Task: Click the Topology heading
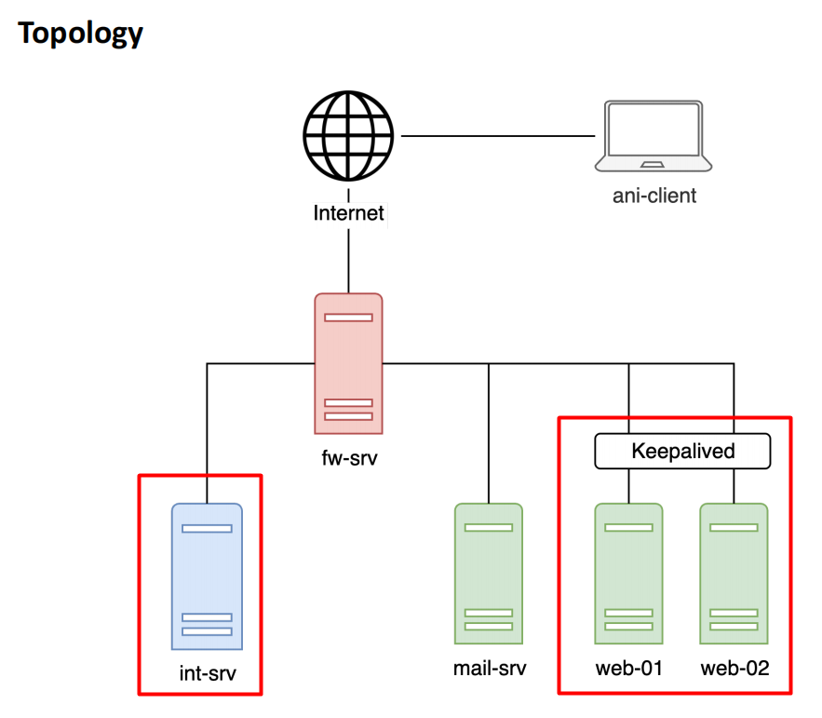pos(81,34)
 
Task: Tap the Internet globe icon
pos(348,137)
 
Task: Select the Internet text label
pos(348,213)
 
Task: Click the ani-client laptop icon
pos(654,137)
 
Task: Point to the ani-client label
pos(654,196)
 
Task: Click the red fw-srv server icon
pos(348,363)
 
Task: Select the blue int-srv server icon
pos(207,576)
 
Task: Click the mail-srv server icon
pos(489,574)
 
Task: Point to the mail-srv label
pos(489,669)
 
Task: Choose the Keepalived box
pos(682,452)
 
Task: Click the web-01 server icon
pos(628,574)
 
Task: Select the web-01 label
pos(628,669)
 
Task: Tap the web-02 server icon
pos(734,574)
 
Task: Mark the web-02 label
pos(734,669)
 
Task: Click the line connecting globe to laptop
pos(497,137)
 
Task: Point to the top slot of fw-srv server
pos(348,317)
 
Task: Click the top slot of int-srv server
pos(207,528)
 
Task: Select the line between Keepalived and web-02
pos(734,485)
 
